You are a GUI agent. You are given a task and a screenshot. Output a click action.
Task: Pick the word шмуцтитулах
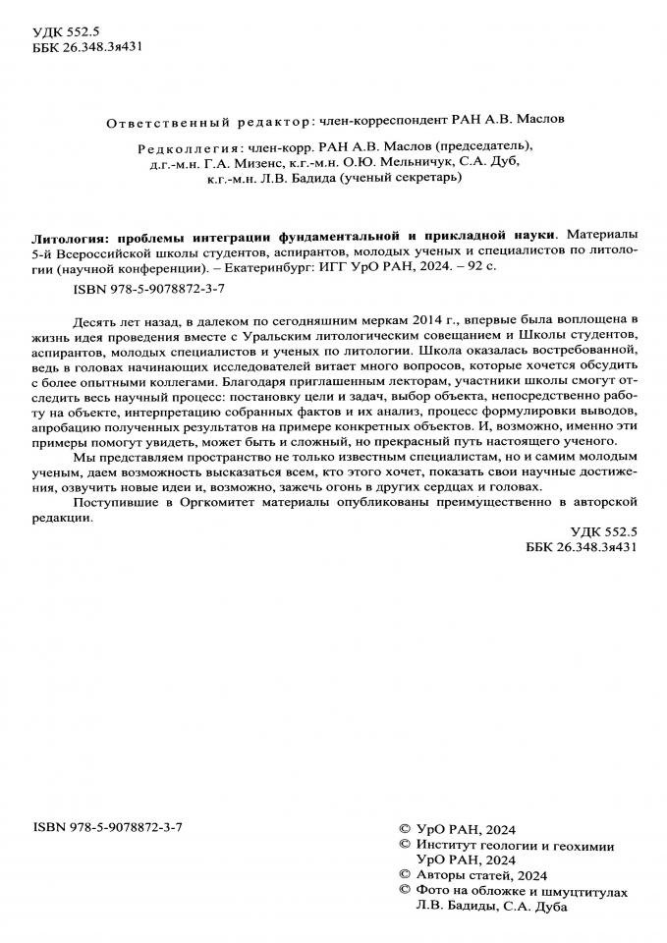580,890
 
